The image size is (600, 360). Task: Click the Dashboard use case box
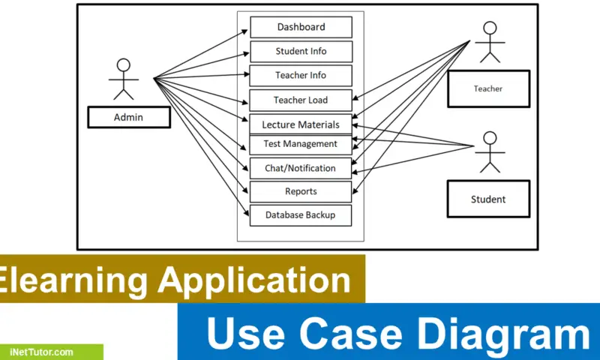click(x=301, y=27)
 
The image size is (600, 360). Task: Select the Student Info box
click(x=301, y=52)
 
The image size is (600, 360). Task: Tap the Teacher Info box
click(x=301, y=76)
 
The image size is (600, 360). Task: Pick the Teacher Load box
click(x=301, y=100)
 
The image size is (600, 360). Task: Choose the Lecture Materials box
click(x=301, y=124)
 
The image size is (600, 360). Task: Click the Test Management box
click(x=301, y=144)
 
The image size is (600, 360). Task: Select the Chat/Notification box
click(x=301, y=168)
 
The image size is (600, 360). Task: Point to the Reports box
click(x=301, y=192)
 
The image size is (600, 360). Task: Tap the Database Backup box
click(x=301, y=215)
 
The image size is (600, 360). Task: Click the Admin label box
click(x=128, y=117)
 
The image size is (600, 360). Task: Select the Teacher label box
click(x=488, y=88)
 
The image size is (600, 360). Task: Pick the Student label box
click(x=488, y=199)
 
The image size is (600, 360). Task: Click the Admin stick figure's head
click(x=124, y=64)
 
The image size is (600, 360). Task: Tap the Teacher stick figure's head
click(x=490, y=28)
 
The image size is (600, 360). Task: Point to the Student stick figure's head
click(x=490, y=138)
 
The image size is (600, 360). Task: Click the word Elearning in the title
click(x=71, y=280)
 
